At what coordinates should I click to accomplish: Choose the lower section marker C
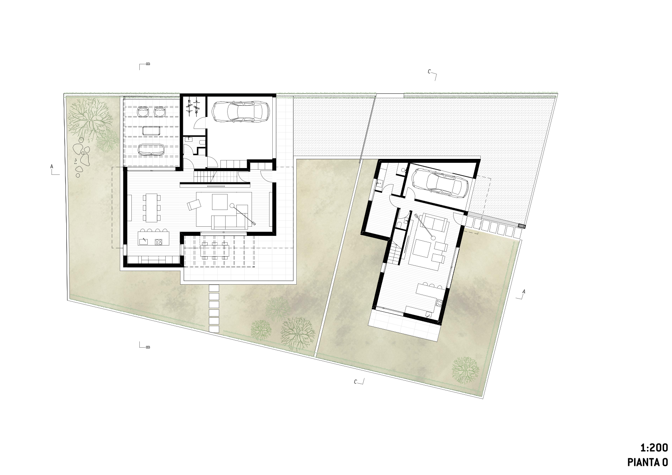(359, 382)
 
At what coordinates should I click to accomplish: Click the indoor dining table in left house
(152, 208)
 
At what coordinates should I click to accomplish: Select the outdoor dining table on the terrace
(215, 250)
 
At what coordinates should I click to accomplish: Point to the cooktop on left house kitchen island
(159, 241)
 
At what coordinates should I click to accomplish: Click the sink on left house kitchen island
(144, 241)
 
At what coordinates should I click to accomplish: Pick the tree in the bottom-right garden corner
(465, 370)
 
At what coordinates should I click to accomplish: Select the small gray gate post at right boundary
(522, 226)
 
